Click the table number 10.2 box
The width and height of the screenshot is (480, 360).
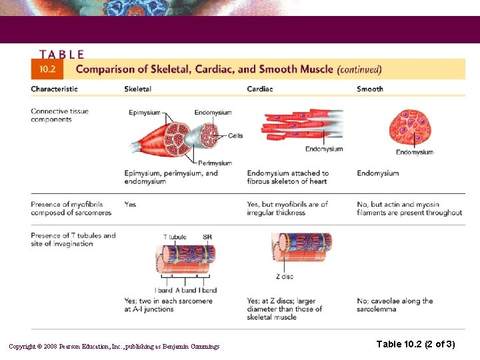(x=47, y=69)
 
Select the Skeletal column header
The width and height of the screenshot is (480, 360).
(x=137, y=89)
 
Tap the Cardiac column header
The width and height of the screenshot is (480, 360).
(x=260, y=89)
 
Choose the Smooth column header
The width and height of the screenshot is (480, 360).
(x=370, y=89)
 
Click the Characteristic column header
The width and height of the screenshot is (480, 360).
(x=54, y=89)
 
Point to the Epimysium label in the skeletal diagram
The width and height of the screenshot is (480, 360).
(x=145, y=113)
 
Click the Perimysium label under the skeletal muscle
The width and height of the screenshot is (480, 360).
(x=215, y=163)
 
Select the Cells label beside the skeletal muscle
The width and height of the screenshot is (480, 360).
(x=235, y=136)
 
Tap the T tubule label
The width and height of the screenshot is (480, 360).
(x=175, y=237)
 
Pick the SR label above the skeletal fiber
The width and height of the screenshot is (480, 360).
(x=207, y=237)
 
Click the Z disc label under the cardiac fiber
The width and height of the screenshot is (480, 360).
(x=285, y=277)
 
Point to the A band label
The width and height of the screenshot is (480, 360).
(x=185, y=290)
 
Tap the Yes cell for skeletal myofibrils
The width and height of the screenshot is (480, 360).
(x=130, y=204)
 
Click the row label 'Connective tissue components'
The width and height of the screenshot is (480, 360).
(x=59, y=115)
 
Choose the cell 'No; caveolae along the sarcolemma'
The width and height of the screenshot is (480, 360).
(x=395, y=305)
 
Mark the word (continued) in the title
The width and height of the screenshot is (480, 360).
(x=359, y=69)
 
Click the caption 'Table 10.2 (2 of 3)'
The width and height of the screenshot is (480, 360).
(x=415, y=344)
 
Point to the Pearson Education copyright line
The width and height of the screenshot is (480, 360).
(x=114, y=346)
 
